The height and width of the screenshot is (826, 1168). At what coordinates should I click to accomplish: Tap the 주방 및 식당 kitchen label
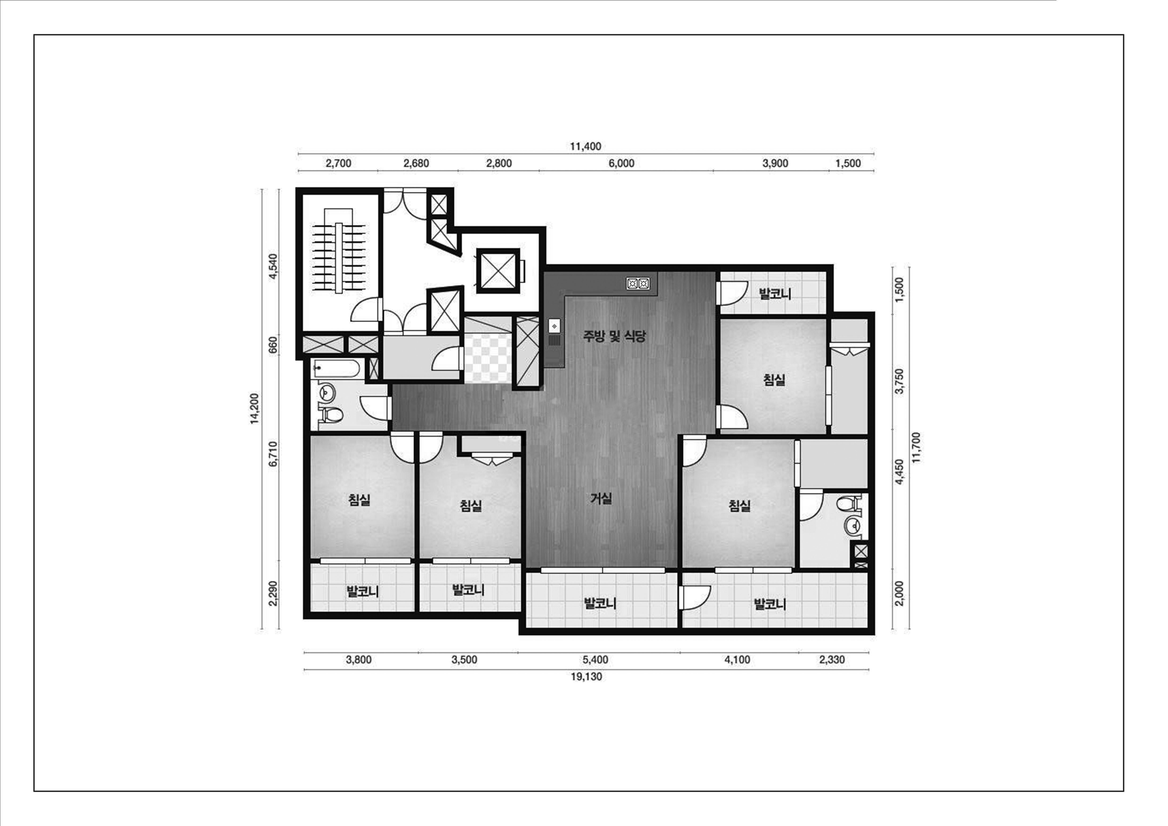pos(614,336)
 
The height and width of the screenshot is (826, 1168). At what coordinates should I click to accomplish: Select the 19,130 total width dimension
pos(586,677)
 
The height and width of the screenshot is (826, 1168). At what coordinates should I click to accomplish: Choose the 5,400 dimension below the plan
pos(595,660)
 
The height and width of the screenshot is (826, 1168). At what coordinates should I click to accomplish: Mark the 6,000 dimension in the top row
pos(622,163)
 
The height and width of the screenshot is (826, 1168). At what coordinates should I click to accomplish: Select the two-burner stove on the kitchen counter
pos(638,283)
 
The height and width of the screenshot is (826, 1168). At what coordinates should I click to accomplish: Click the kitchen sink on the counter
pos(554,326)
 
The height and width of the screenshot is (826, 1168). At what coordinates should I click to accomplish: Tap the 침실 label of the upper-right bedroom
pos(774,380)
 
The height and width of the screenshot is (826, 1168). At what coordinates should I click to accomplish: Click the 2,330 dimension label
pos(832,660)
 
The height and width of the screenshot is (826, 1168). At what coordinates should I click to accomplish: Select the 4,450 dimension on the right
pos(899,472)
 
